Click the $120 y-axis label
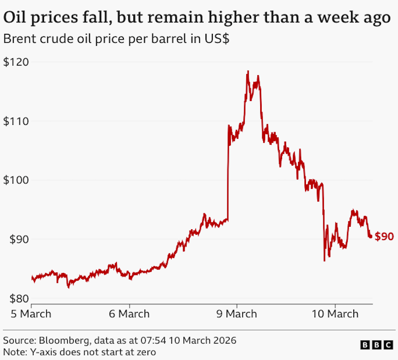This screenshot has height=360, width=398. (x=16, y=62)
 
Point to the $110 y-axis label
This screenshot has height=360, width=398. (x=16, y=121)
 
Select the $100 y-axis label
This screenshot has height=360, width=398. (x=16, y=180)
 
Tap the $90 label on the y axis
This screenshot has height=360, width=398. (x=19, y=239)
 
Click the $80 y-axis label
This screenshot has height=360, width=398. (x=19, y=299)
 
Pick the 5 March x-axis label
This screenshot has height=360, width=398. (x=31, y=314)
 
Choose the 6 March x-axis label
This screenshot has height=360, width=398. (x=129, y=314)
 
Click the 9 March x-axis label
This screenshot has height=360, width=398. (x=237, y=314)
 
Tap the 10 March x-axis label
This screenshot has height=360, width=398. (x=335, y=314)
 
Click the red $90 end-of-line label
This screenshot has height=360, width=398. (x=384, y=237)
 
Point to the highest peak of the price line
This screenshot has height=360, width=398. (x=248, y=71)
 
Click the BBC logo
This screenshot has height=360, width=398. (x=377, y=345)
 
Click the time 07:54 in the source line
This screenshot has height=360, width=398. (x=153, y=341)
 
